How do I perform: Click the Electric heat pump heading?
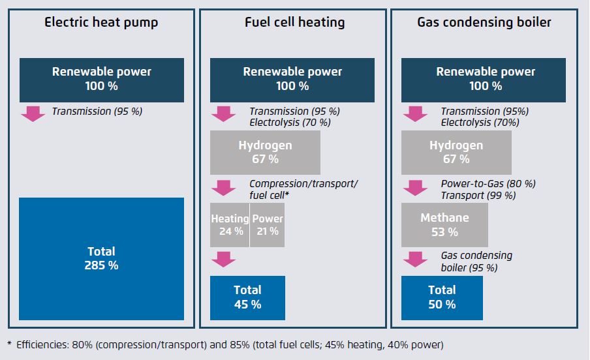[x=101, y=23]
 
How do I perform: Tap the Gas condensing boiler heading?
[x=484, y=23]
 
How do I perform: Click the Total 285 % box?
[x=101, y=258]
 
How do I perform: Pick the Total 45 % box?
[x=247, y=297]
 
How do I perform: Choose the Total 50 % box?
[x=442, y=297]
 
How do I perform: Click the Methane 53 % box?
[x=444, y=224]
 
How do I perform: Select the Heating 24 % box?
[x=230, y=224]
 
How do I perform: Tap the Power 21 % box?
[x=268, y=224]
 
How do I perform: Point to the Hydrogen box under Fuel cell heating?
[x=265, y=151]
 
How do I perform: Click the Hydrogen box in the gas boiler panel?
[x=456, y=151]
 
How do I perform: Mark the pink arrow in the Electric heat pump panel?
[x=32, y=113]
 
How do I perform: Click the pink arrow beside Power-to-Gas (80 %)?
[x=414, y=187]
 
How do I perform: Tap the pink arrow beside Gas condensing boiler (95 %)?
[x=414, y=259]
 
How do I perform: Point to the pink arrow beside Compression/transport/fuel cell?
[x=223, y=187]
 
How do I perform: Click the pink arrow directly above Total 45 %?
[x=223, y=259]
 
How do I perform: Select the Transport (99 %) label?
[x=478, y=195]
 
